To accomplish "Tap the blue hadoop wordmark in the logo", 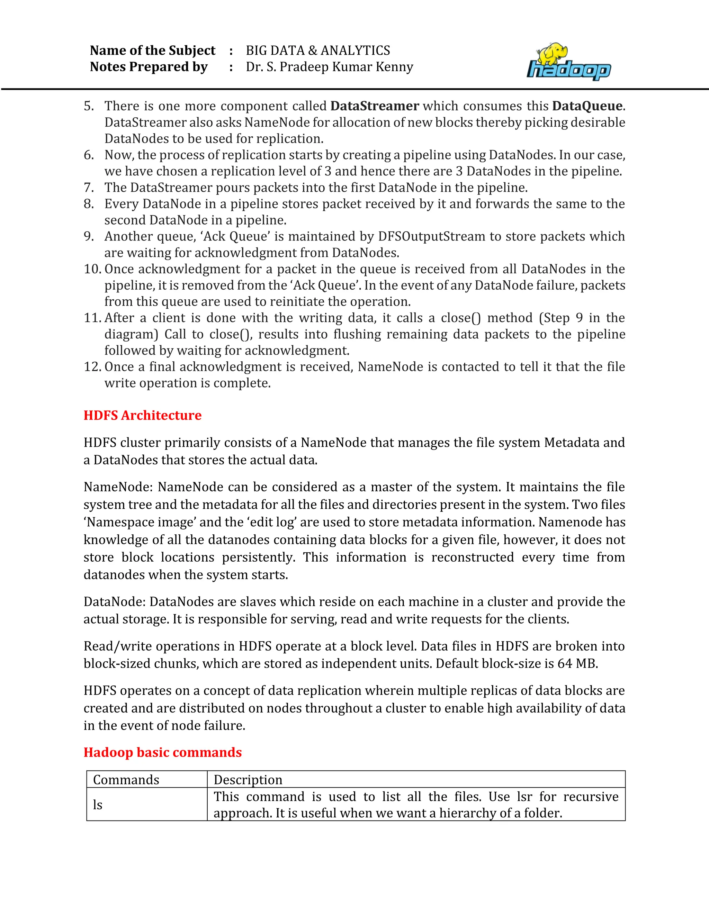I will pyautogui.click(x=569, y=70).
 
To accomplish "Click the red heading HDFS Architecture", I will pyautogui.click(x=142, y=415).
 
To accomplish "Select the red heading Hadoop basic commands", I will pyautogui.click(x=163, y=752).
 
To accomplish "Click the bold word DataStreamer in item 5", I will pyautogui.click(x=375, y=106).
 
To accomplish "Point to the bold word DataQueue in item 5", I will pyautogui.click(x=587, y=106).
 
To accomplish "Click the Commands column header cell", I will pyautogui.click(x=126, y=780).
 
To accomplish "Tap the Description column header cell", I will pyautogui.click(x=248, y=780).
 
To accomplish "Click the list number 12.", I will pyautogui.click(x=92, y=366).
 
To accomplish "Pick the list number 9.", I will pyautogui.click(x=89, y=236).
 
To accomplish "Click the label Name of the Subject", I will pyautogui.click(x=152, y=51).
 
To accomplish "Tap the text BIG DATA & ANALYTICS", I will pyautogui.click(x=318, y=51).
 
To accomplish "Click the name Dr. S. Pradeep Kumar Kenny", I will pyautogui.click(x=329, y=67).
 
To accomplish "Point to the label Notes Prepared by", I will pyautogui.click(x=149, y=67).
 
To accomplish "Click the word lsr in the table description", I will pyautogui.click(x=524, y=797).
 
